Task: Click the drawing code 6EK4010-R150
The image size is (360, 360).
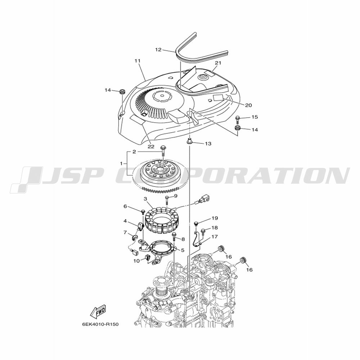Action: tap(100, 325)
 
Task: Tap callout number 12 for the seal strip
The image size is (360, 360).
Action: tap(158, 50)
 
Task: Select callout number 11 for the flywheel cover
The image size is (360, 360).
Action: tap(137, 61)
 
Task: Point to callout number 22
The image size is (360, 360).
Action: tap(151, 147)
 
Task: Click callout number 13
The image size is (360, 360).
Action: tap(208, 144)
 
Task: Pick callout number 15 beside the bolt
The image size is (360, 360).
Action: tap(255, 117)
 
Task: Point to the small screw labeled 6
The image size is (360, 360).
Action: tap(143, 211)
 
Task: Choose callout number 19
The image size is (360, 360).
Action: tap(215, 218)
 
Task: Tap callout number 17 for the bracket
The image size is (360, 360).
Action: tap(215, 237)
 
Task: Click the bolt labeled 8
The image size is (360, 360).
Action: tap(174, 237)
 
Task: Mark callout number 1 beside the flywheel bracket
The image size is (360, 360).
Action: tap(121, 164)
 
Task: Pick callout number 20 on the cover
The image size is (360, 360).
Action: tap(248, 105)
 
